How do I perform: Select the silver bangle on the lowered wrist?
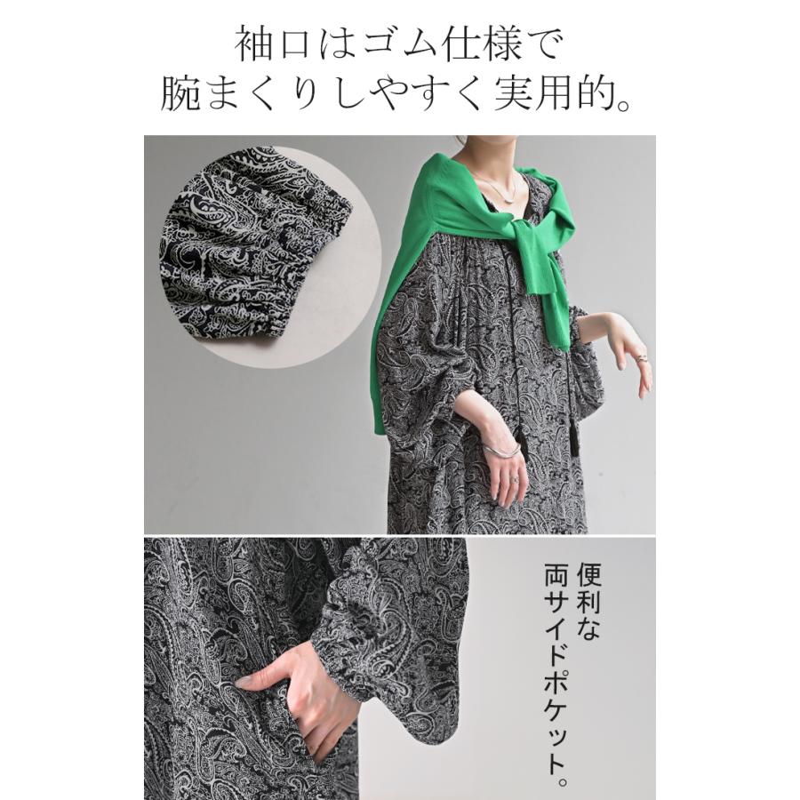(x=502, y=450)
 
